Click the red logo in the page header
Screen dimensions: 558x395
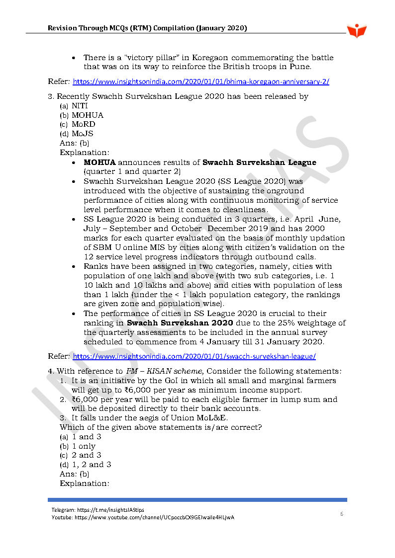coord(357,30)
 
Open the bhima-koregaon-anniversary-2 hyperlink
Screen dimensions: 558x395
coord(201,81)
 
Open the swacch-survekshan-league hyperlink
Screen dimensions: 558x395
coord(194,356)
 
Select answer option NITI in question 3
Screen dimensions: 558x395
coord(80,106)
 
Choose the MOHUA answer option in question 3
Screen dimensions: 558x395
coord(88,115)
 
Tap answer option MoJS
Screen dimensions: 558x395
coord(82,134)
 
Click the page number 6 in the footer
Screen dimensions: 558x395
coord(342,514)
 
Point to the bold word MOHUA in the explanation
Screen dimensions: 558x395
coord(99,162)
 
